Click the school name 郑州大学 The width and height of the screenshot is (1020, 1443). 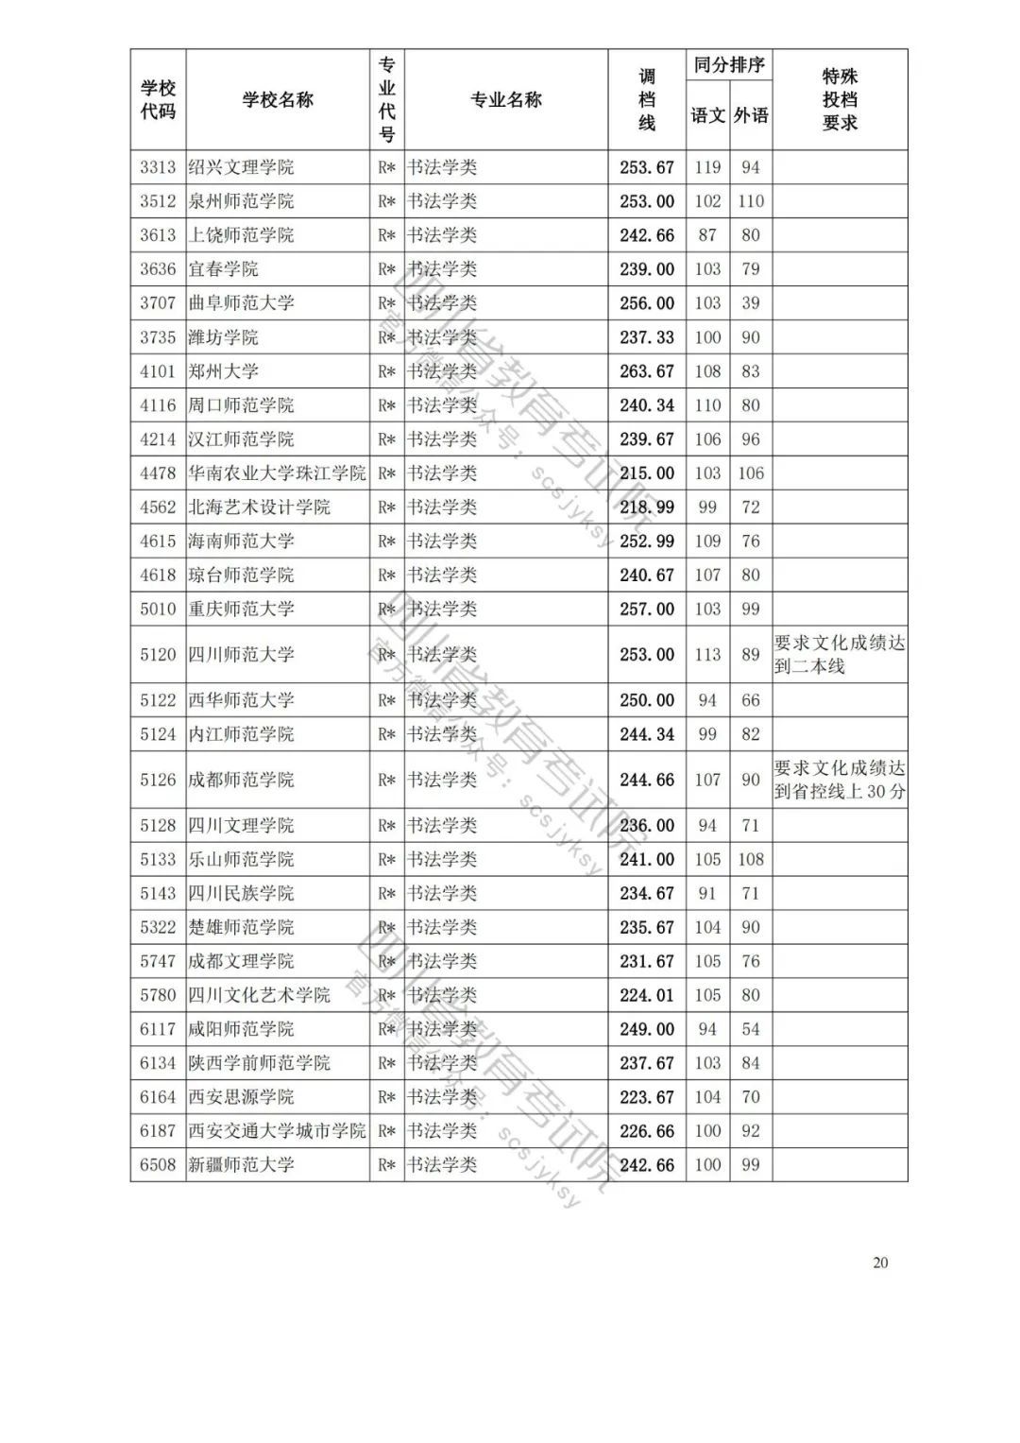tap(224, 371)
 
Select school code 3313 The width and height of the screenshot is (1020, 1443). tap(158, 167)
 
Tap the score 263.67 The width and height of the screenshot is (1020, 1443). tap(647, 371)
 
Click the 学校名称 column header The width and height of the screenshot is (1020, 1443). tap(278, 100)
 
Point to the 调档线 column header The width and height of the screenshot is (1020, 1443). tap(647, 100)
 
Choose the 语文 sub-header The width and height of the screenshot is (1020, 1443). tap(707, 116)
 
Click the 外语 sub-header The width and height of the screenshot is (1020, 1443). tap(751, 116)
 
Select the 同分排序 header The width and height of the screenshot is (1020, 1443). tap(729, 65)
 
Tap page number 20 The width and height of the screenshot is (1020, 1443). tap(880, 1263)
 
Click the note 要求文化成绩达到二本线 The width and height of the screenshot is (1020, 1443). tap(840, 654)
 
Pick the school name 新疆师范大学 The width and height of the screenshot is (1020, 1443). tap(242, 1165)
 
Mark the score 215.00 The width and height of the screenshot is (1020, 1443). tap(647, 473)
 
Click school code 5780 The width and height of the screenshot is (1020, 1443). tap(158, 995)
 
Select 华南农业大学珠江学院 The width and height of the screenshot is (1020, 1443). tap(277, 473)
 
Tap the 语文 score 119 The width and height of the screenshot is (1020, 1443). tap(707, 167)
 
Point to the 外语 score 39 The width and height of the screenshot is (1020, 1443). tap(751, 303)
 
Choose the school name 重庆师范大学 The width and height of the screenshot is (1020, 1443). tap(242, 610)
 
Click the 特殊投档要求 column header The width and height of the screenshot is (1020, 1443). tap(840, 100)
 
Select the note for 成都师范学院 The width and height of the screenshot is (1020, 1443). tap(840, 780)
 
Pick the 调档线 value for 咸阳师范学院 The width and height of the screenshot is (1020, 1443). tap(647, 1029)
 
